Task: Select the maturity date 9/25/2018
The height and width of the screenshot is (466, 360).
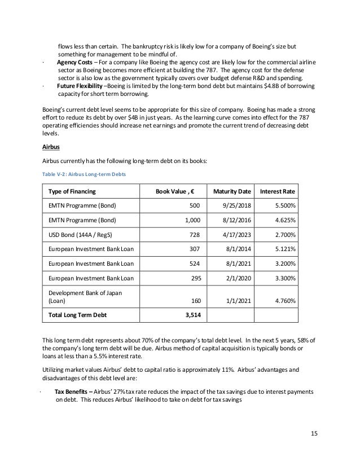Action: pos(232,211)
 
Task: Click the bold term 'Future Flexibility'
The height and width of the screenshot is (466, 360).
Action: pos(81,86)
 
